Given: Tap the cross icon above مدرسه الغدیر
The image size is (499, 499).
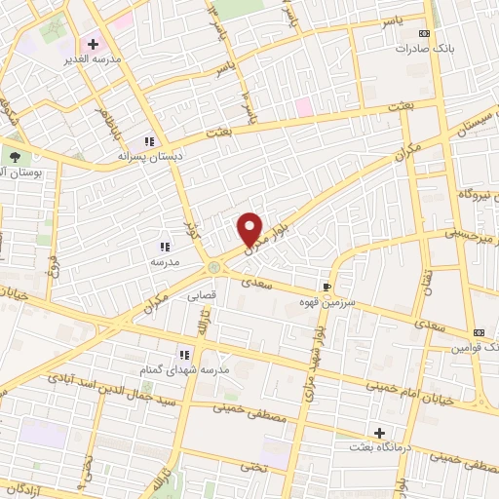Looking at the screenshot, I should coord(93,44).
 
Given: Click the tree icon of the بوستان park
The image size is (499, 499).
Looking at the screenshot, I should coord(15,157).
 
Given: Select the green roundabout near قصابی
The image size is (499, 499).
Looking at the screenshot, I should coord(213,266).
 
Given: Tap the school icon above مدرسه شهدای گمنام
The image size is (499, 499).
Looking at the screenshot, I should coord(182,355).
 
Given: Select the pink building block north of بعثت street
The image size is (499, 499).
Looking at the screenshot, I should coord(304,106).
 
